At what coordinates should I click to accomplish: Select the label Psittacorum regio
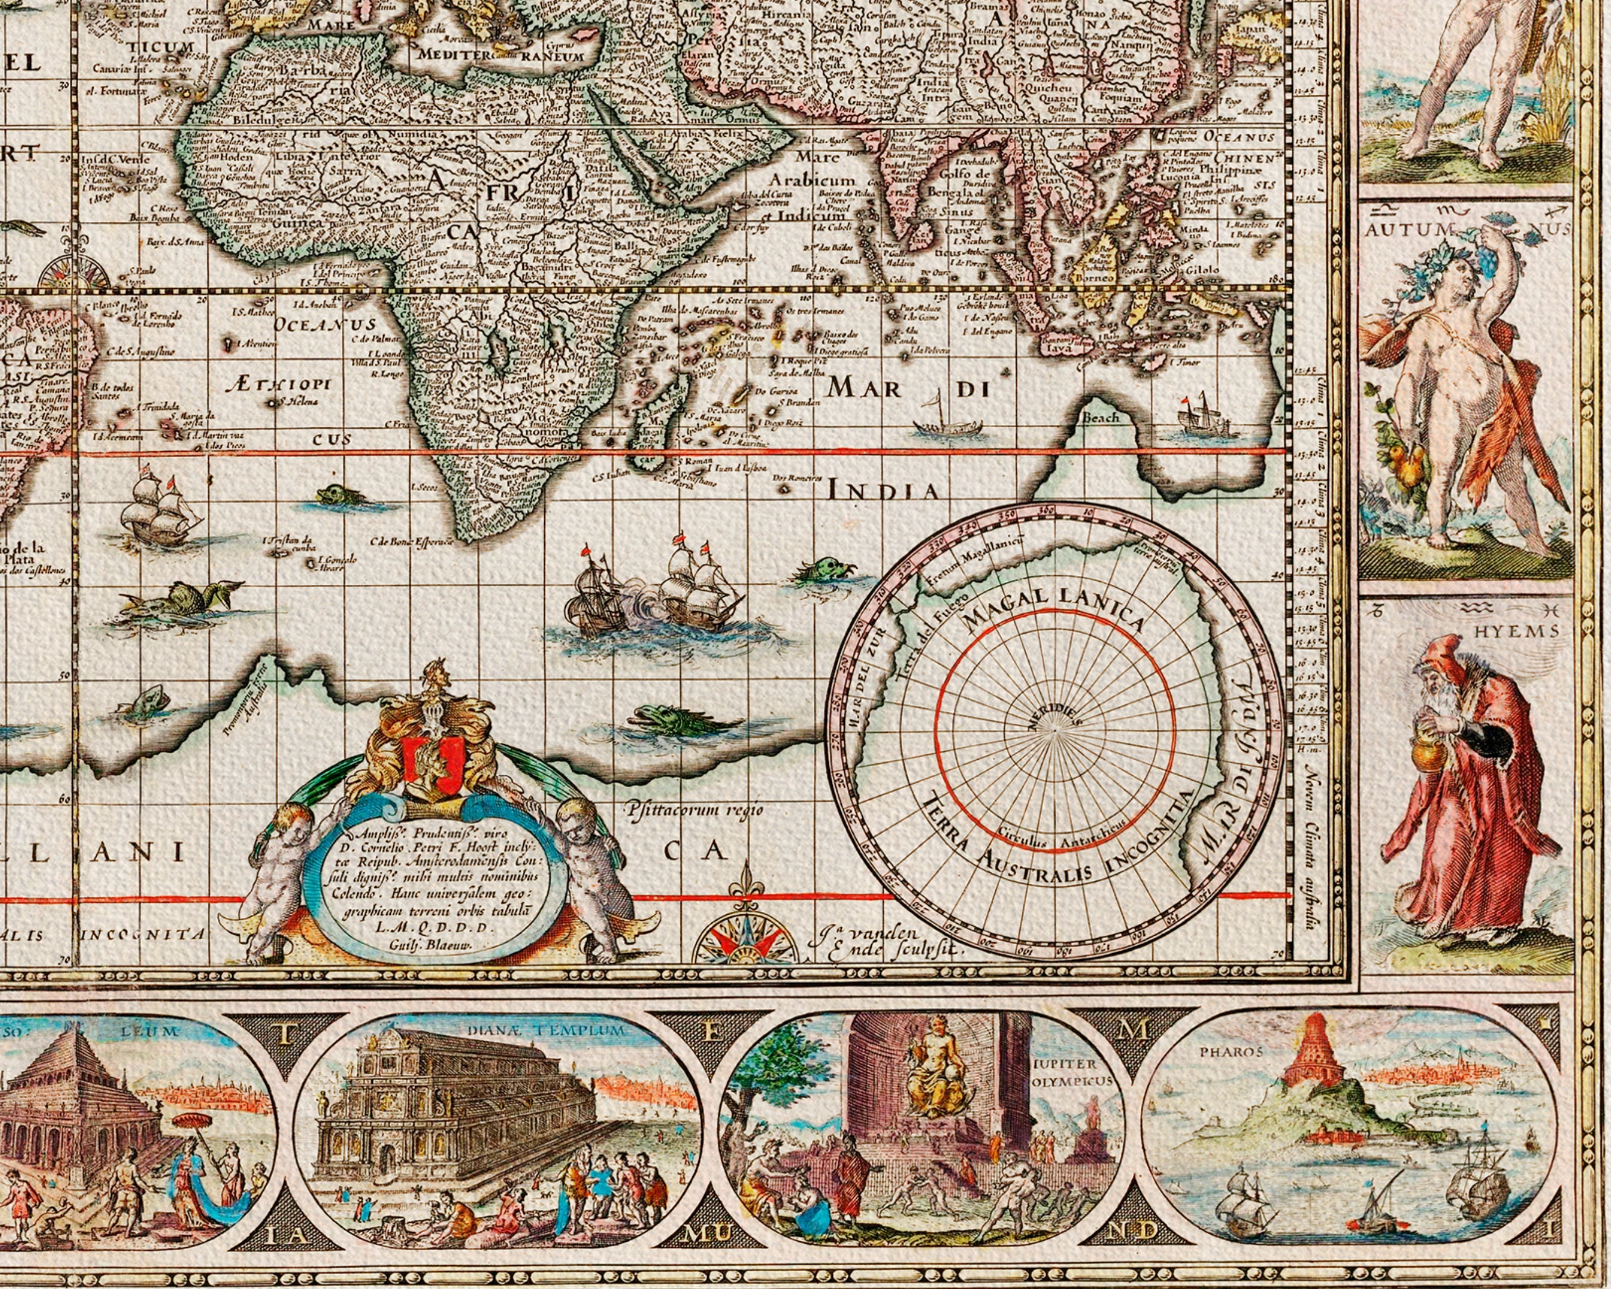pos(696,809)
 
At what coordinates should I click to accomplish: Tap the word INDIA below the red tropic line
pos(882,491)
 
